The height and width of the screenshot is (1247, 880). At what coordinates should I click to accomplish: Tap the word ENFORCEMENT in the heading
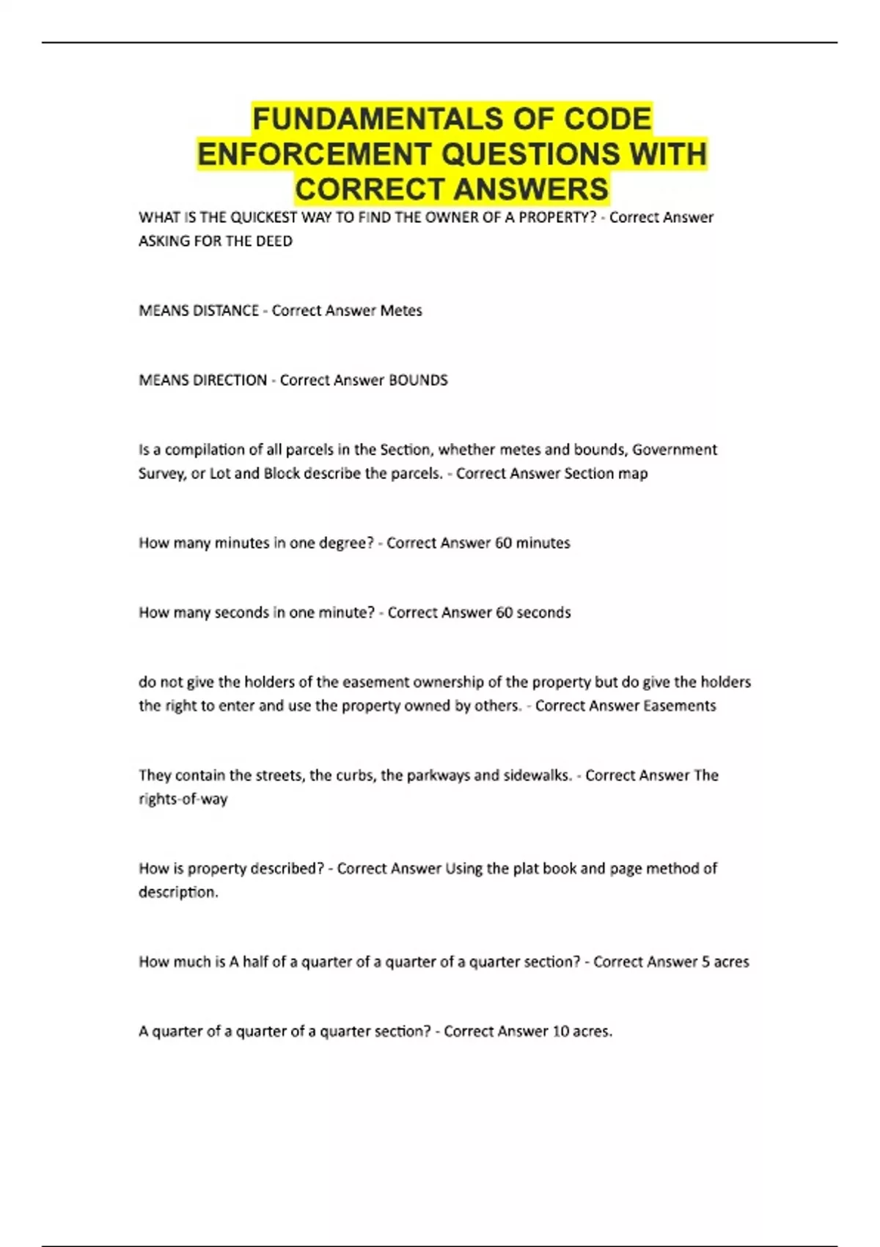[x=314, y=155]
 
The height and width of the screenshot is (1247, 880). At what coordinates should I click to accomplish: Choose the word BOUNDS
[x=418, y=381]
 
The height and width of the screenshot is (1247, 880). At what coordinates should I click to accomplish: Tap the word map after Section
[x=633, y=474]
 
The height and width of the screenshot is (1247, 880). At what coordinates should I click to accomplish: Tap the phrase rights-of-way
[x=183, y=800]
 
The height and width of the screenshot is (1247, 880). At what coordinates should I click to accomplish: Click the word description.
[x=178, y=893]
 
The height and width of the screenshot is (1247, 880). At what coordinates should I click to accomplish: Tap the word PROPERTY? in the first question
[x=557, y=218]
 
